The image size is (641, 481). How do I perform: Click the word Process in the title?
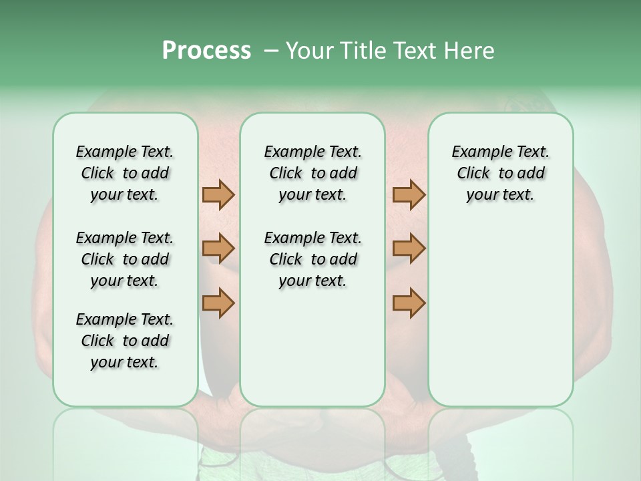[x=206, y=51]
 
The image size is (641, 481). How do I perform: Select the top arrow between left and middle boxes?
[x=218, y=194]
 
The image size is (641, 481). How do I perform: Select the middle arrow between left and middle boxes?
[x=218, y=249]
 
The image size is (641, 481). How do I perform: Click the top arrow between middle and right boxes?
[x=409, y=194]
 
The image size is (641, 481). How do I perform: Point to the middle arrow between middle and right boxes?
[x=409, y=249]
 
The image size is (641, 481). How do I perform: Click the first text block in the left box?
[x=125, y=173]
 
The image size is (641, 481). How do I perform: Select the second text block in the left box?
[x=125, y=259]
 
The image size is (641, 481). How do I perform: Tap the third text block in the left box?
[x=125, y=341]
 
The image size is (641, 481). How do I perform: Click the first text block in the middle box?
[x=312, y=173]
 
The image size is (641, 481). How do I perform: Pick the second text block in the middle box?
[x=312, y=259]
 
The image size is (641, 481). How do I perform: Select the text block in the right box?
[x=500, y=173]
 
